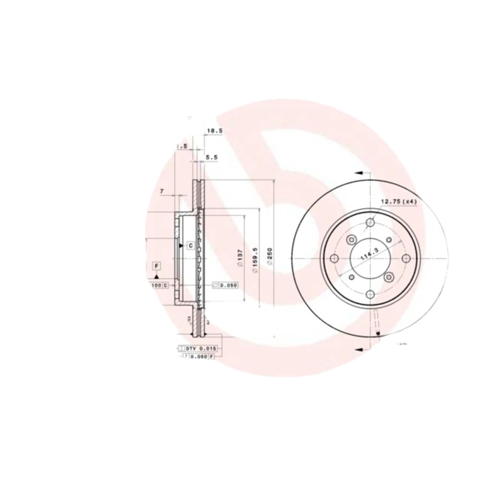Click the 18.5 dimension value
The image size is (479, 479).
coord(215,130)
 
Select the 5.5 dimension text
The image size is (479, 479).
coord(212,157)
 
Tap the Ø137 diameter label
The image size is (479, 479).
coord(239,258)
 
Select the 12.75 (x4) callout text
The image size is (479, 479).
coord(398,201)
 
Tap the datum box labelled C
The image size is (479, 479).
coord(190,245)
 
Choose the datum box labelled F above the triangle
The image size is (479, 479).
coord(156,265)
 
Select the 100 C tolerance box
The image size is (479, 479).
coord(160,285)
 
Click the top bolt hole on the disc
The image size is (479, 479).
coord(369,222)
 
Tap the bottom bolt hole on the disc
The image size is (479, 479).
coord(369,294)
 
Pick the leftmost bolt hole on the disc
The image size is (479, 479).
coord(334,258)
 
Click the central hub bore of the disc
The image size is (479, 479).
coord(369,258)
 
